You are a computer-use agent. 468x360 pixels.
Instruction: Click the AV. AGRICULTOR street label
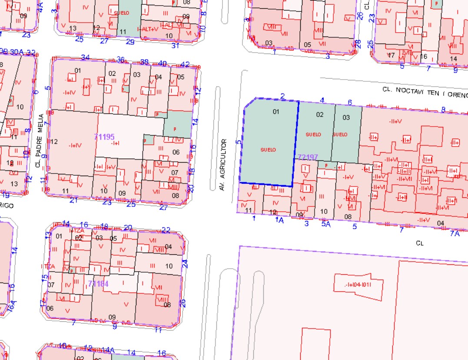(x=223, y=165)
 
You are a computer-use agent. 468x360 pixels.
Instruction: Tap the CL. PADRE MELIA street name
(x=40, y=140)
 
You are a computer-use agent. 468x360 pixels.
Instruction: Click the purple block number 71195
(x=104, y=137)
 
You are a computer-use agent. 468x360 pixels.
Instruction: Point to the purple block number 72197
(x=308, y=157)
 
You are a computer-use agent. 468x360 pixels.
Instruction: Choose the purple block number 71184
(x=98, y=284)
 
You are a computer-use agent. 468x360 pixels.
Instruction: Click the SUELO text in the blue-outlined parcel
(x=268, y=150)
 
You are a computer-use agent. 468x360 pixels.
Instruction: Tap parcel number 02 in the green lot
(x=320, y=115)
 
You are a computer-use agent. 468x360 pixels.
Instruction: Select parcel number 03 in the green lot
(x=346, y=117)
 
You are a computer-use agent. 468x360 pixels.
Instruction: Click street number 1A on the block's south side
(x=279, y=220)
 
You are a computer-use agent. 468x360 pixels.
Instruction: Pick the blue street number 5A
(x=326, y=224)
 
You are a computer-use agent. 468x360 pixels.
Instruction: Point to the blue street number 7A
(x=455, y=233)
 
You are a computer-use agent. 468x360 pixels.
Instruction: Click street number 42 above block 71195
(x=185, y=64)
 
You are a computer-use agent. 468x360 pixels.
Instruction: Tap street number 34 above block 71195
(x=85, y=57)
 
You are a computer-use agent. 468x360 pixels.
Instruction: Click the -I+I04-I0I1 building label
(x=358, y=285)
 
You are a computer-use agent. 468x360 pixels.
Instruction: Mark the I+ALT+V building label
(x=148, y=29)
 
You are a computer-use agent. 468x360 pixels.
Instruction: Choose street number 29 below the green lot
(x=130, y=42)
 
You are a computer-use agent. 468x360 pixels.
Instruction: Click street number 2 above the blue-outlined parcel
(x=282, y=96)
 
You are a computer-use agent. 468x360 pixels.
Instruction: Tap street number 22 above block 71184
(x=166, y=230)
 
